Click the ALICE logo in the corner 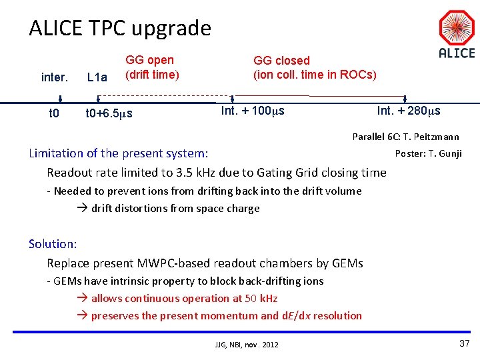pos(456,34)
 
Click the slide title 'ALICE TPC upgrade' pos(120,28)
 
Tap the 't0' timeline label pos(54,113)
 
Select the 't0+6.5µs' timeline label pos(109,113)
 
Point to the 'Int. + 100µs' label pos(253,111)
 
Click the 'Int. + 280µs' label pos(409,111)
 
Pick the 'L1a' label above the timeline pos(97,77)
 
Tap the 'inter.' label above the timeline pos(54,77)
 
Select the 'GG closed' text pos(281,61)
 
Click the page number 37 pos(465,343)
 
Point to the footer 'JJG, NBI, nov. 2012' pos(247,344)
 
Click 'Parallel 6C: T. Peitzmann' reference pos(405,137)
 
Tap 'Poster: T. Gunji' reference pos(428,154)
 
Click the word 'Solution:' pos(53,244)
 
